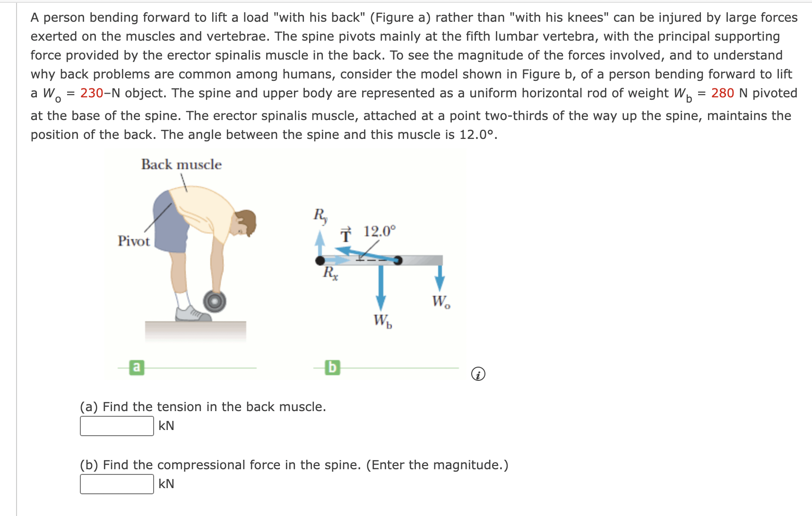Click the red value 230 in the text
coord(92,93)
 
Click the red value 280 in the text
coord(722,93)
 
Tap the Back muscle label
coord(181,164)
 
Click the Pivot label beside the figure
coord(133,241)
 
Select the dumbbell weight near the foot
coord(215,301)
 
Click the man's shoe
coord(191,314)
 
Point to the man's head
coord(245,223)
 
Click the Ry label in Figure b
coord(320,215)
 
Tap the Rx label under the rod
coord(330,273)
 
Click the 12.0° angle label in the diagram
coord(379,232)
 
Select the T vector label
coord(346,234)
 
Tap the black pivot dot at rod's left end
coord(320,260)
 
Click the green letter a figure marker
coord(137,367)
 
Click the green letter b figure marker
coord(332,367)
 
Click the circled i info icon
coord(478,374)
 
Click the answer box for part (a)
coord(117,426)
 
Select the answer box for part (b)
coord(117,484)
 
